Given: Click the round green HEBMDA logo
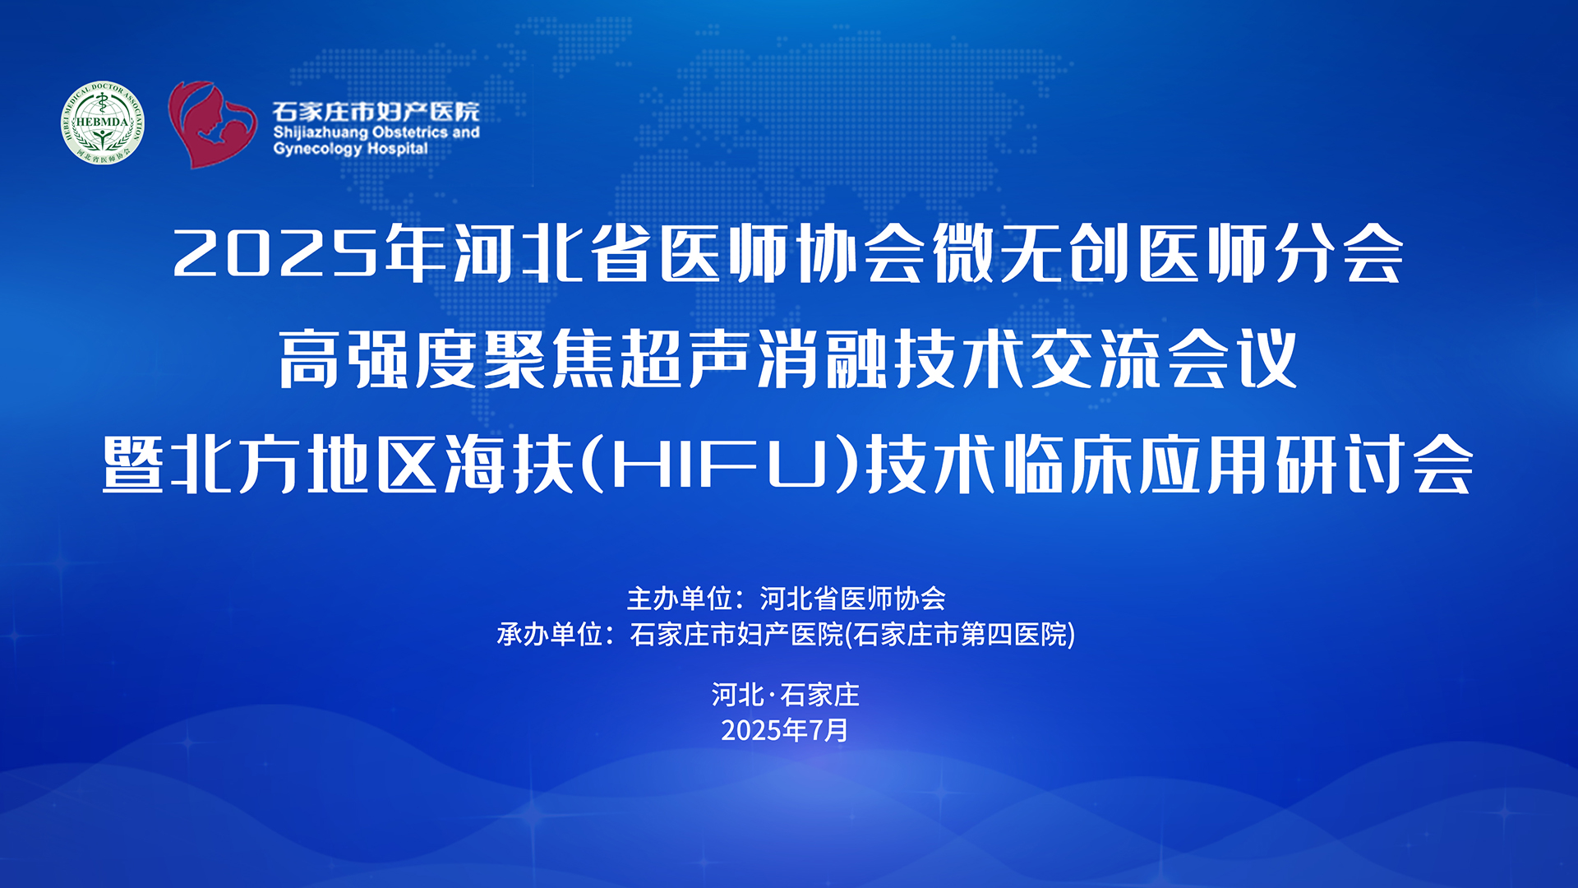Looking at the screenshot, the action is pyautogui.click(x=103, y=123).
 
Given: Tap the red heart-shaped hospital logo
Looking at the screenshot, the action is pyautogui.click(x=212, y=124).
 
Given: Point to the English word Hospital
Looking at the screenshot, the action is pyautogui.click(x=397, y=149).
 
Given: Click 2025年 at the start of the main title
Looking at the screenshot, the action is pyautogui.click(x=310, y=253).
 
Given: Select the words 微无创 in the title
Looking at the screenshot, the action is pyautogui.click(x=1031, y=253).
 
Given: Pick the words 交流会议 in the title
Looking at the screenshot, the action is pyautogui.click(x=1164, y=358).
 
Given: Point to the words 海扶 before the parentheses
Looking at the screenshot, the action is pyautogui.click(x=510, y=465).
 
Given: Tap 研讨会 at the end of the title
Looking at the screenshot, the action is pyautogui.click(x=1374, y=465).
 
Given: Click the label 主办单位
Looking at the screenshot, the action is pyautogui.click(x=680, y=599).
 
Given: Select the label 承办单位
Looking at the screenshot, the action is pyautogui.click(x=550, y=635).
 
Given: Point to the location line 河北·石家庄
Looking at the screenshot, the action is pyautogui.click(x=786, y=695).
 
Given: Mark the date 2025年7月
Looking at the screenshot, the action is pyautogui.click(x=785, y=730).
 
